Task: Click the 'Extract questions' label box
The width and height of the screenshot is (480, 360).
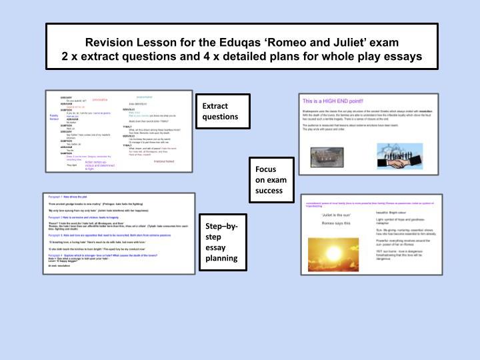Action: pos(223,111)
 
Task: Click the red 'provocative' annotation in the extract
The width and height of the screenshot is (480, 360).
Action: pos(100,99)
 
